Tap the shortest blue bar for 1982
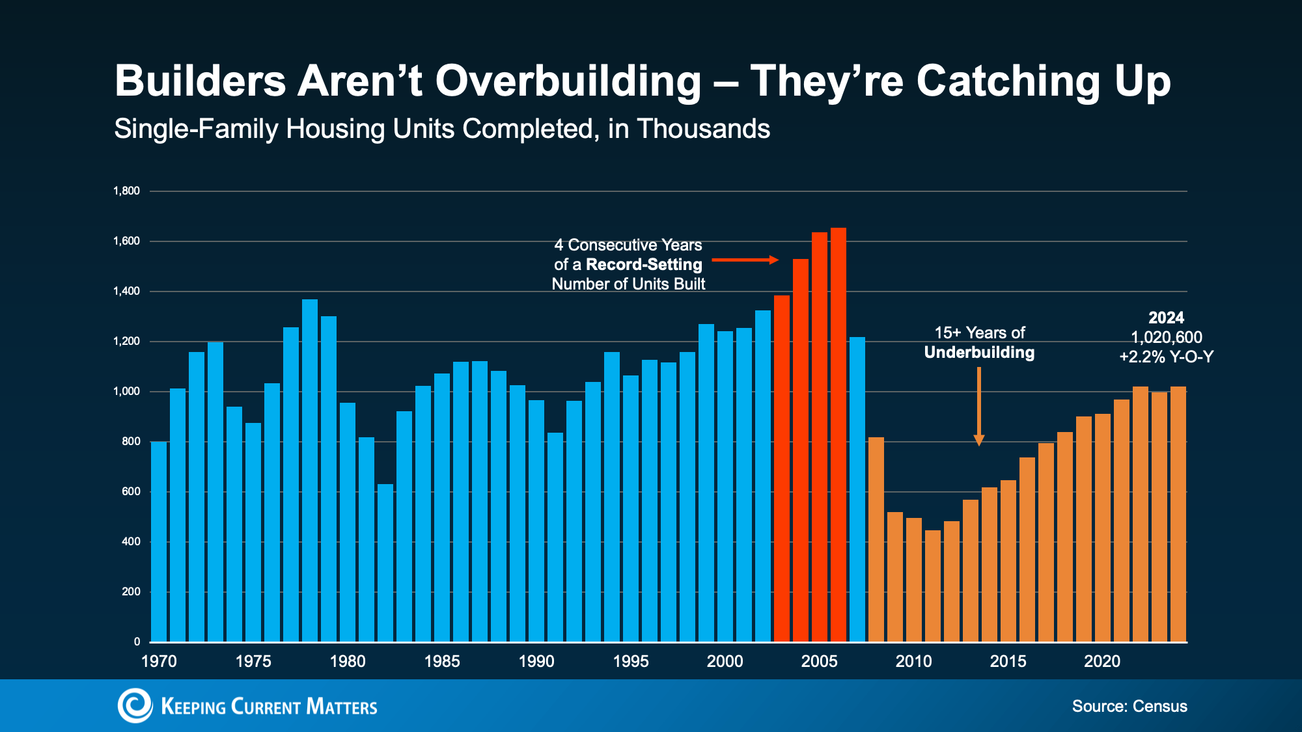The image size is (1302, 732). tap(385, 563)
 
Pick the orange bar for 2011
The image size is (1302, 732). tap(933, 586)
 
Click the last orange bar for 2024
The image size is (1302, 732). tap(1178, 514)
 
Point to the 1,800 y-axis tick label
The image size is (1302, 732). tap(126, 191)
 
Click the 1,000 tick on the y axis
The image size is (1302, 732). tap(126, 392)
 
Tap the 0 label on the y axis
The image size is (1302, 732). tap(137, 642)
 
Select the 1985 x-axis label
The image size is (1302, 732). tap(442, 662)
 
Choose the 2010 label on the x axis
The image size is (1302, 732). tap(913, 662)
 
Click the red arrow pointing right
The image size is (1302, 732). tap(745, 260)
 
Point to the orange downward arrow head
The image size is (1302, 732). tap(978, 441)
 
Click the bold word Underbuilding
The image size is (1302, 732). tap(979, 353)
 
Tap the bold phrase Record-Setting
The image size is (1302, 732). tap(644, 265)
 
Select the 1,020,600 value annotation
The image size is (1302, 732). tap(1167, 338)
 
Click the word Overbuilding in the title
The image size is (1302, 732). tap(568, 81)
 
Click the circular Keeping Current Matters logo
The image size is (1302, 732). tap(135, 706)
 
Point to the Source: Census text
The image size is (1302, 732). tap(1129, 707)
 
